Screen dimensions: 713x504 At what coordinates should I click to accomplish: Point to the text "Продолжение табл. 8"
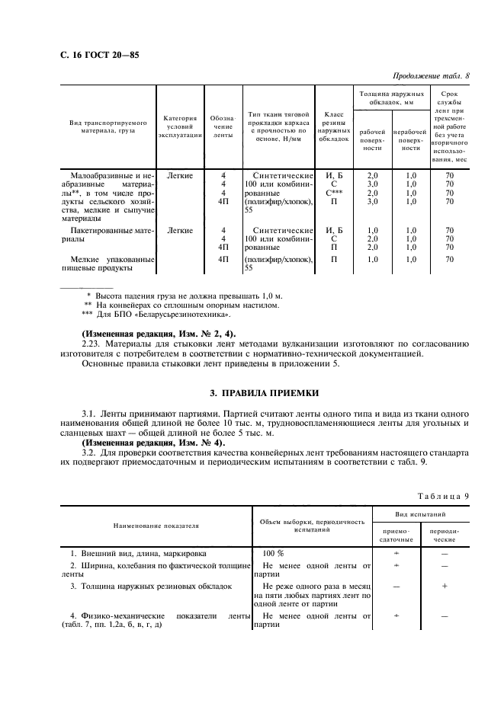click(431, 76)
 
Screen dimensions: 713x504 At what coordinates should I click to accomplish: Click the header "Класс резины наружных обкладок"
click(335, 126)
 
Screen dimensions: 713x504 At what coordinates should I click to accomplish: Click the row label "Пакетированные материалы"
click(106, 233)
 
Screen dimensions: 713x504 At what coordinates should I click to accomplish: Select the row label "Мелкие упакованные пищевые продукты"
click(106, 263)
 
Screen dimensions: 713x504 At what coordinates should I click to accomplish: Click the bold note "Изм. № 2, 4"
click(159, 333)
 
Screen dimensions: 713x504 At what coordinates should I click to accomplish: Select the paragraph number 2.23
click(91, 343)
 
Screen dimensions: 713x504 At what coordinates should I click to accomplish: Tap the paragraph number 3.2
click(90, 452)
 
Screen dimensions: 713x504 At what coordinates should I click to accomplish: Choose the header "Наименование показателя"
click(156, 525)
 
